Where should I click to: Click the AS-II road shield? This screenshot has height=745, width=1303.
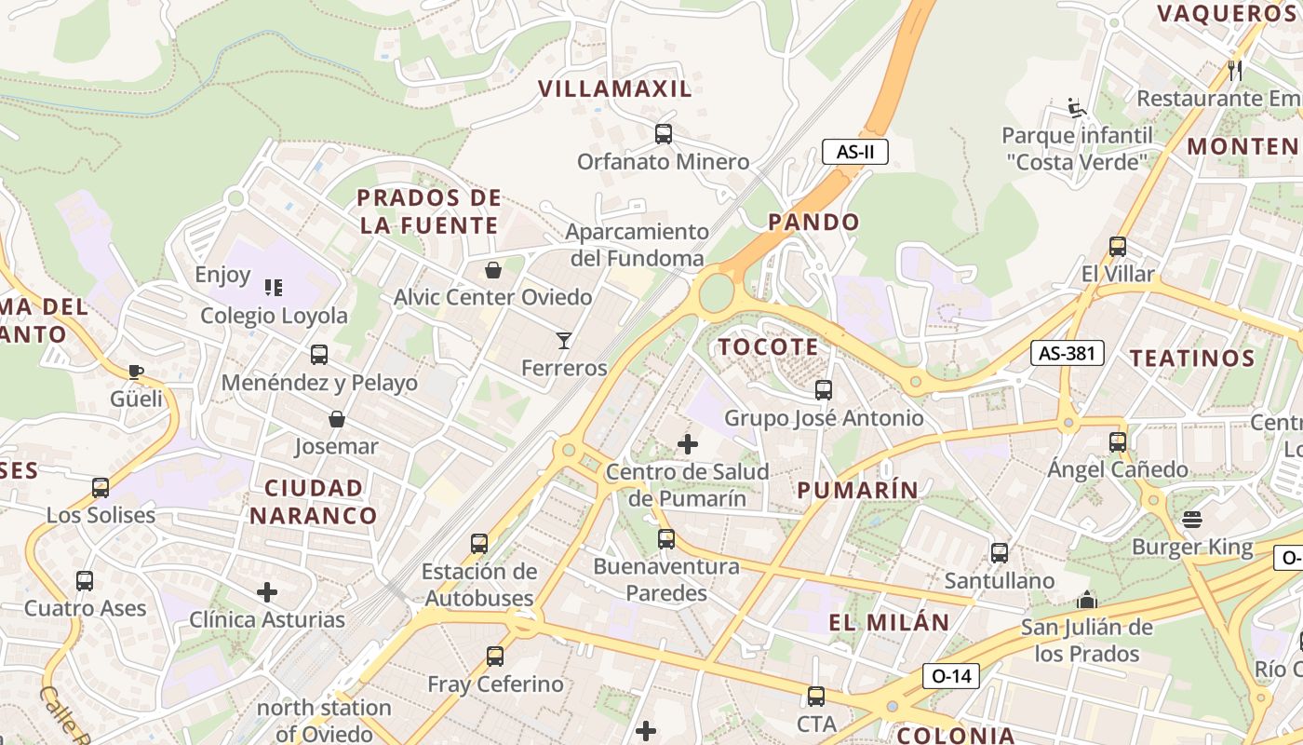pyautogui.click(x=854, y=152)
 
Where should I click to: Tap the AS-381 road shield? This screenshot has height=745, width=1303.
pyautogui.click(x=1067, y=353)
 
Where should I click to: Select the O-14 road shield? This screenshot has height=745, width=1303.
pyautogui.click(x=951, y=676)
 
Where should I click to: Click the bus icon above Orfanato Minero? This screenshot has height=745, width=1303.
pyautogui.click(x=663, y=134)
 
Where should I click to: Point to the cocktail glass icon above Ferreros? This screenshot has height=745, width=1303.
pyautogui.click(x=563, y=341)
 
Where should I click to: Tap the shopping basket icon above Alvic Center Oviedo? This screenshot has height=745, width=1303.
pyautogui.click(x=493, y=271)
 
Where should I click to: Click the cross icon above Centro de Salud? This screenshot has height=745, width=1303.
pyautogui.click(x=688, y=444)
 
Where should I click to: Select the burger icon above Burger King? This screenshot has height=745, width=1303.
pyautogui.click(x=1192, y=520)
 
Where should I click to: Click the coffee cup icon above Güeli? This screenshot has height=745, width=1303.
pyautogui.click(x=136, y=372)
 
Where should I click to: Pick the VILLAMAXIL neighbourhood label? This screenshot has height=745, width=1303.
pyautogui.click(x=615, y=89)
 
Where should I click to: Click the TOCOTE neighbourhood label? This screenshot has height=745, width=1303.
pyautogui.click(x=768, y=347)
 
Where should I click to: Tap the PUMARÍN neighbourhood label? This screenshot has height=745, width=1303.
pyautogui.click(x=857, y=490)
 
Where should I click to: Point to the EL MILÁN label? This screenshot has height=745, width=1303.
pyautogui.click(x=889, y=622)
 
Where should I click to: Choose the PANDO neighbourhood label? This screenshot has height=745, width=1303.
pyautogui.click(x=813, y=223)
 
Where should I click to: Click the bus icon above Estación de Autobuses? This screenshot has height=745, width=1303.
pyautogui.click(x=479, y=544)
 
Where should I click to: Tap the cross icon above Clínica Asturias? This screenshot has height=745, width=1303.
pyautogui.click(x=267, y=592)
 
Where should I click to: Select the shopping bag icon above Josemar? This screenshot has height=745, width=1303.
pyautogui.click(x=337, y=420)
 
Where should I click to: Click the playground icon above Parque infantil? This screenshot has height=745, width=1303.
pyautogui.click(x=1077, y=108)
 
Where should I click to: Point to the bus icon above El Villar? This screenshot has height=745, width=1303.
pyautogui.click(x=1117, y=247)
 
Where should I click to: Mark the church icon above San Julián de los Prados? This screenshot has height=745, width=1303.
pyautogui.click(x=1086, y=600)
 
